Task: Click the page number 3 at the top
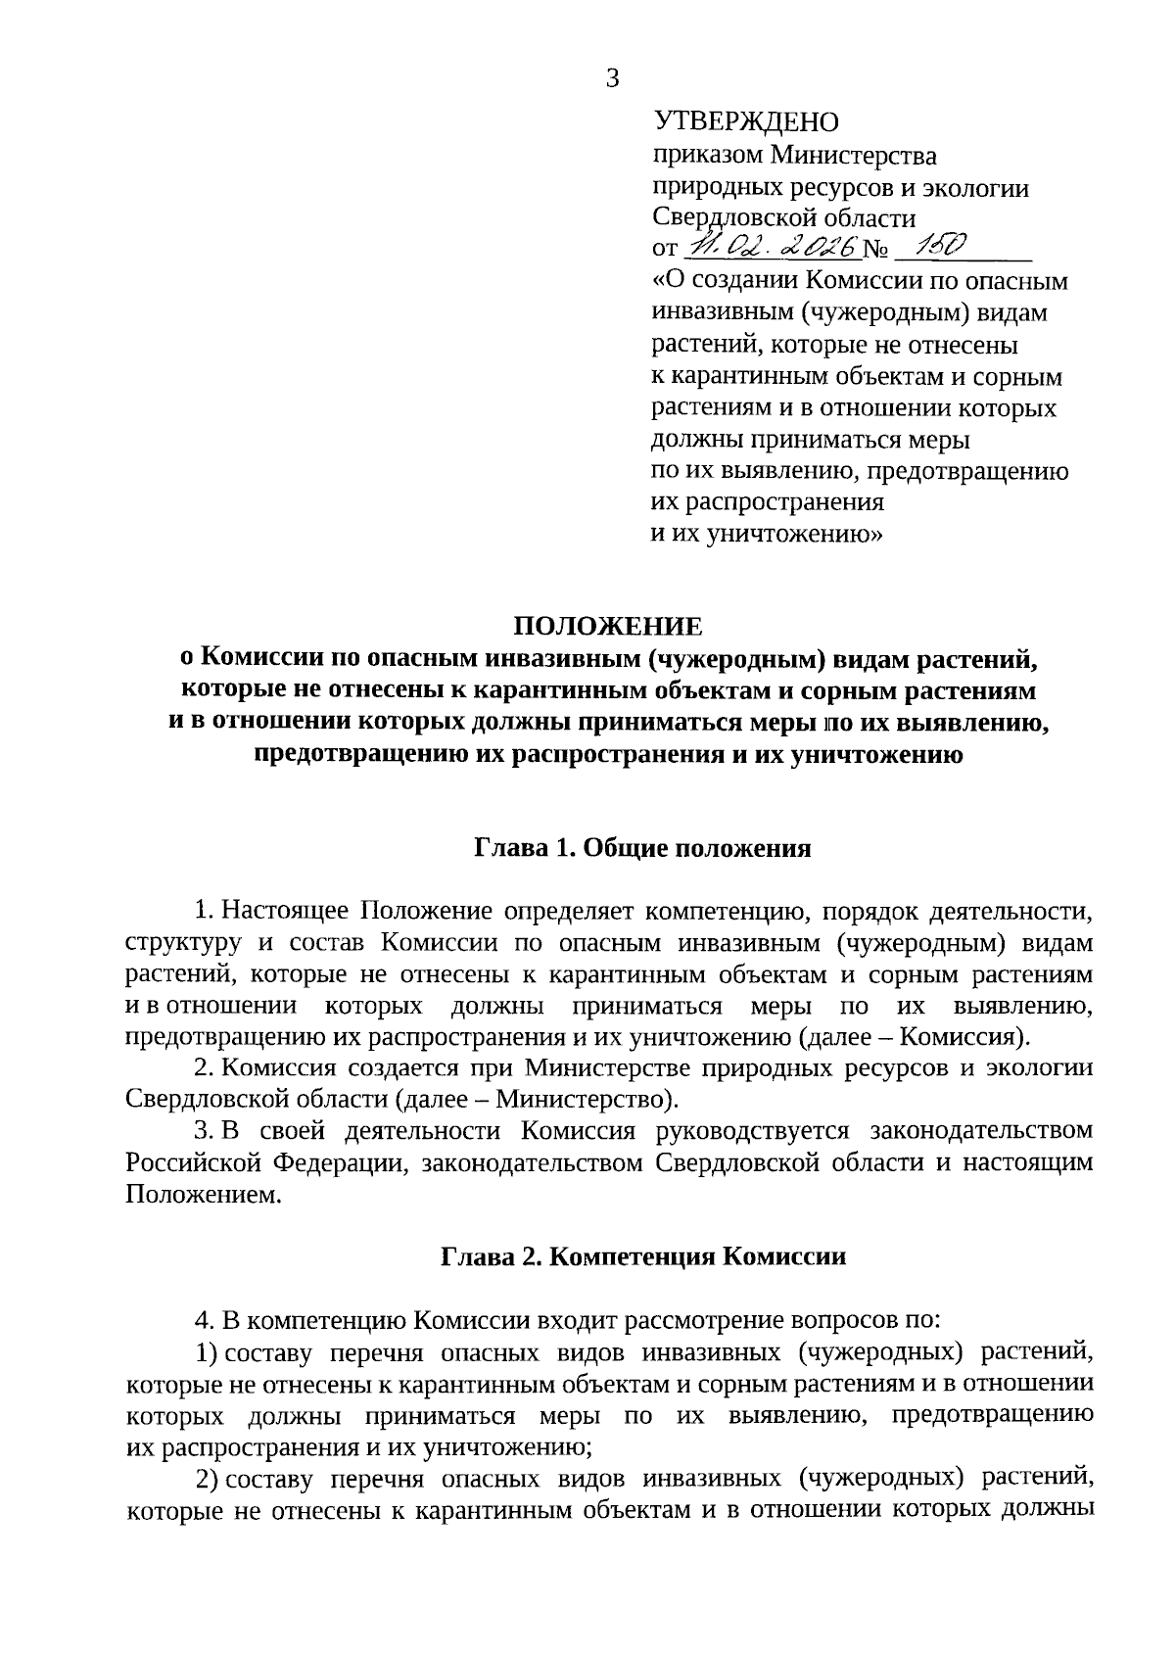613,79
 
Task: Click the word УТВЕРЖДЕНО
746,122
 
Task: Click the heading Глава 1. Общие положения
642,848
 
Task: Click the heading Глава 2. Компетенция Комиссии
642,1256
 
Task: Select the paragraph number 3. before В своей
203,1131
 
